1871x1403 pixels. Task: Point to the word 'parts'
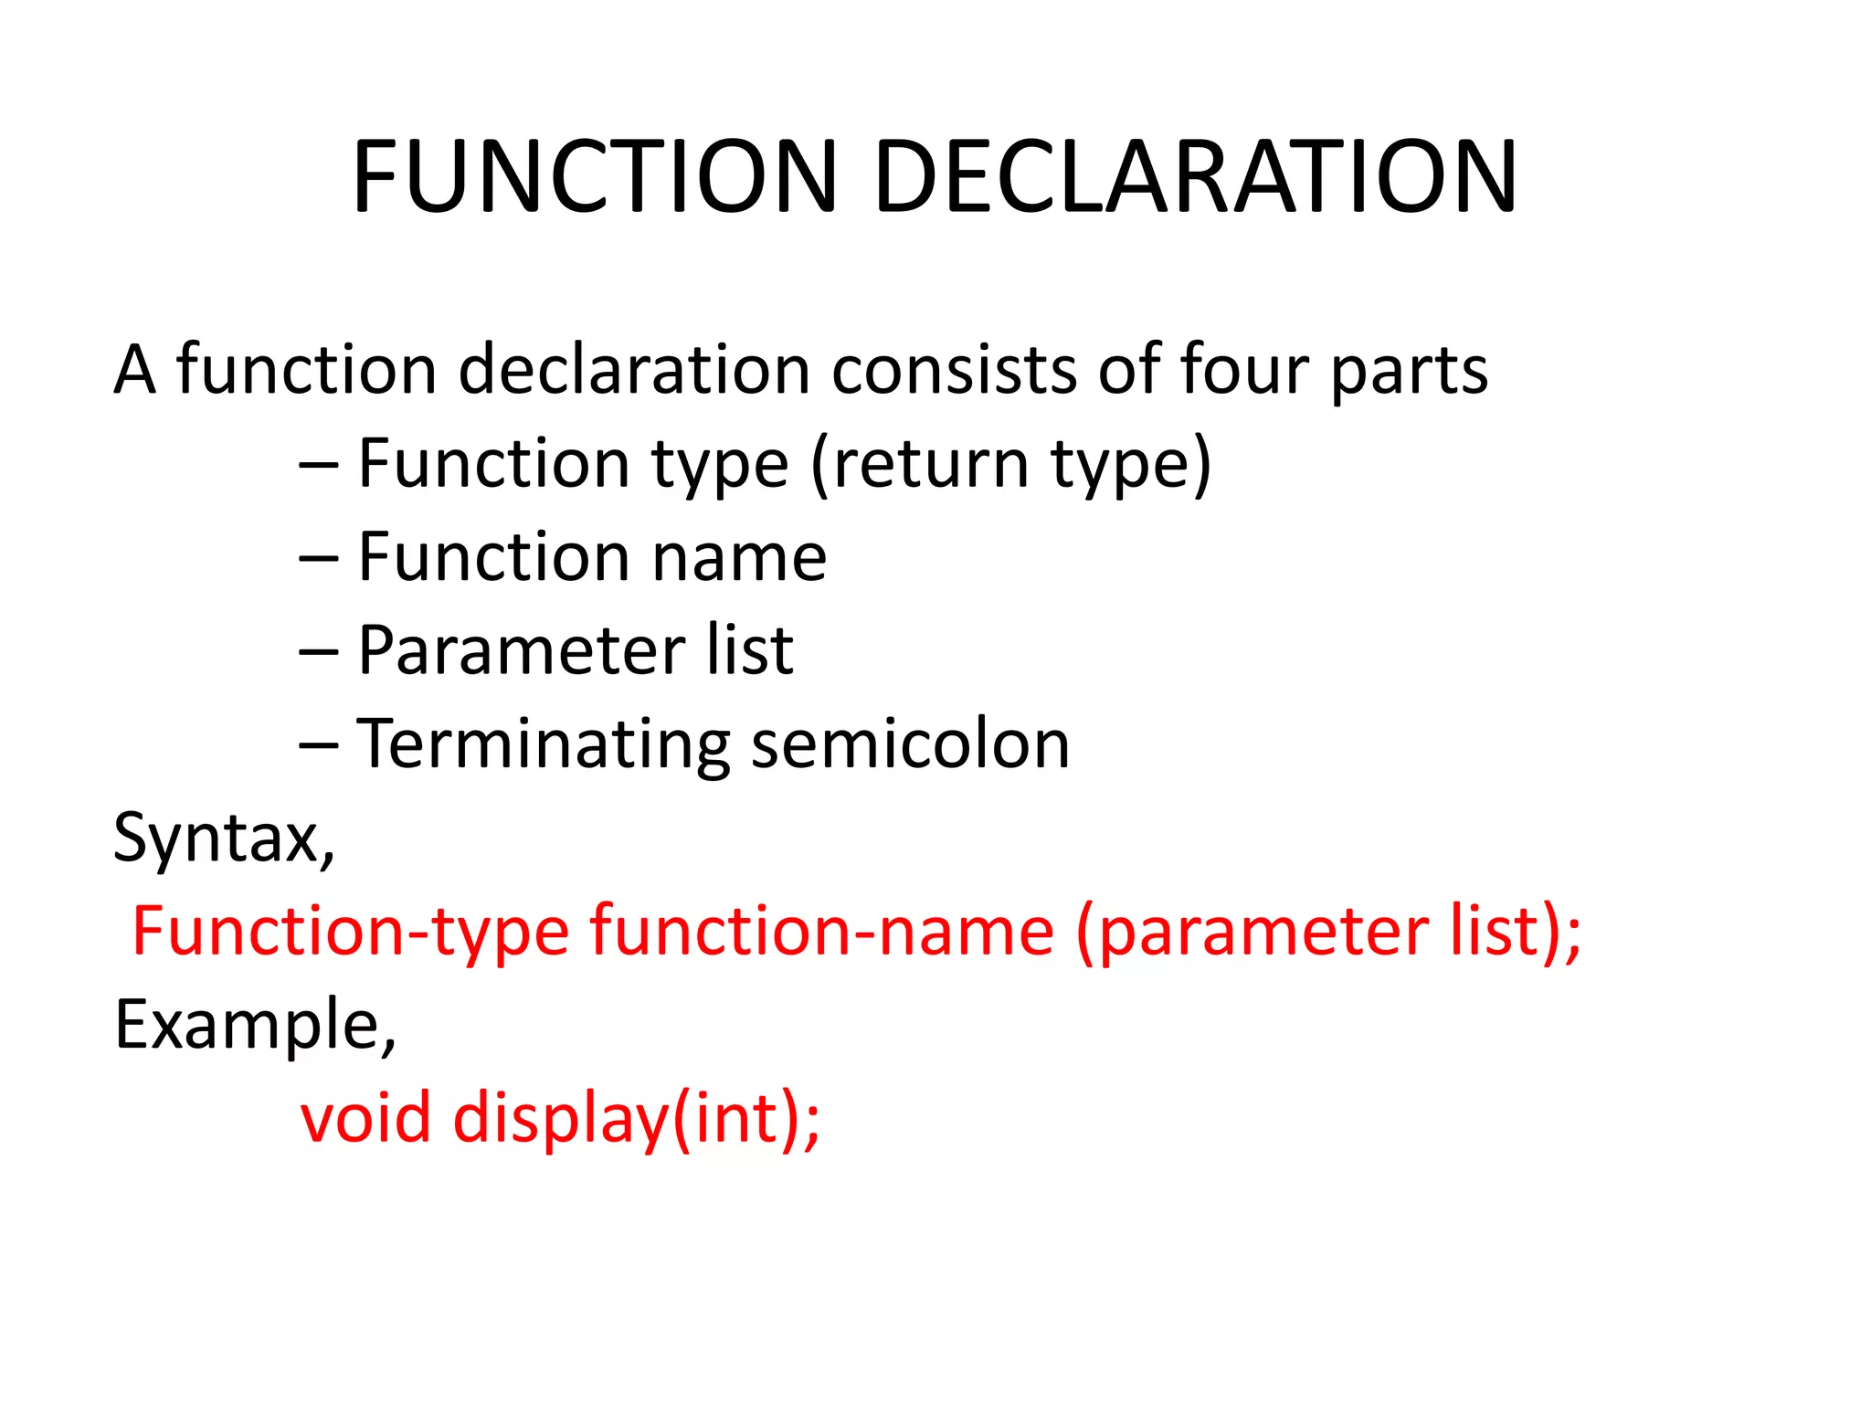(1409, 373)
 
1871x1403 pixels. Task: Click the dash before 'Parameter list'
(319, 652)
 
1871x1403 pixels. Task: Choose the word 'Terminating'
(544, 745)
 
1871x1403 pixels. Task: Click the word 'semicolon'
(910, 744)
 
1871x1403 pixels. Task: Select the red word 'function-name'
(822, 932)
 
